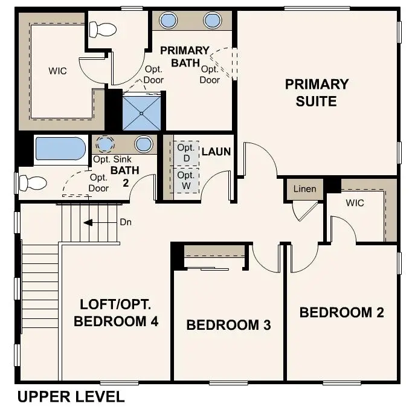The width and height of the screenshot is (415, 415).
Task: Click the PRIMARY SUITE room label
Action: point(317,92)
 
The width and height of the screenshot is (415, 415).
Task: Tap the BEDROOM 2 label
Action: point(341,312)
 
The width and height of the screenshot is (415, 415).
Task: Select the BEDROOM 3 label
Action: point(228,325)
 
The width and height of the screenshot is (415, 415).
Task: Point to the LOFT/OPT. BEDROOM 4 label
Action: point(116,312)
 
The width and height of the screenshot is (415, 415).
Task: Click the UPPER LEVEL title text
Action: point(71,397)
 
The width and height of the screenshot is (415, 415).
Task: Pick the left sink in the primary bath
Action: point(168,21)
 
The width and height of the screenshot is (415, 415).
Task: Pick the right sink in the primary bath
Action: point(212,21)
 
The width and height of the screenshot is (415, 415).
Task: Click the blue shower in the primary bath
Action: point(142,112)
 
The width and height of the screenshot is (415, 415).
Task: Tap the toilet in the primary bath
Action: point(103,28)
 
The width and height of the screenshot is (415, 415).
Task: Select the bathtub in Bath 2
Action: point(60,149)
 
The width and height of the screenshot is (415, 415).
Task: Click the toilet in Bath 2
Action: point(33,182)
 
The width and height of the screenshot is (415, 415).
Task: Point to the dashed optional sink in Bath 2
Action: point(106,144)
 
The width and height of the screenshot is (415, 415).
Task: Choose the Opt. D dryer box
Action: point(185,153)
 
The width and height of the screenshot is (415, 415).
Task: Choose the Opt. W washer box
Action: point(185,181)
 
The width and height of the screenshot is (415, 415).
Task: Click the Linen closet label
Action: point(304,189)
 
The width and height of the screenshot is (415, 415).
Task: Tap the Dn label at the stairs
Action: point(126,222)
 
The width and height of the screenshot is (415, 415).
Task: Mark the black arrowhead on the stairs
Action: point(88,222)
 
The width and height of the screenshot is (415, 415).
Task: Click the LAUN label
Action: point(216,151)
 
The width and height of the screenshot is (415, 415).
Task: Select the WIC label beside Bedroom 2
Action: point(355,203)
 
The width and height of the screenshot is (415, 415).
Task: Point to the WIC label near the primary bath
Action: point(57,71)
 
